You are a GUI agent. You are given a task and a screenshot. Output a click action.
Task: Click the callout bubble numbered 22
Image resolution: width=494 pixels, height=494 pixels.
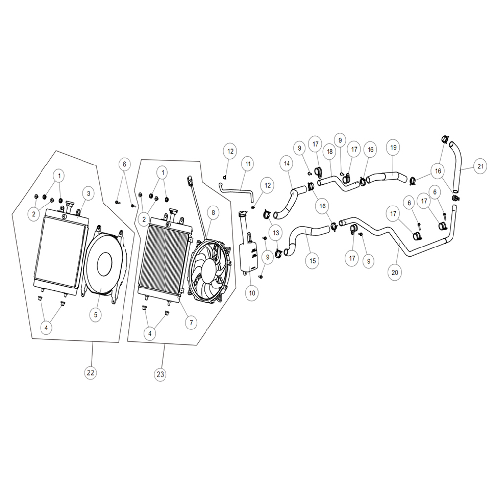[90, 373]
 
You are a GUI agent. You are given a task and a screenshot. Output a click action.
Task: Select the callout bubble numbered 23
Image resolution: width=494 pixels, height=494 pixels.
[160, 375]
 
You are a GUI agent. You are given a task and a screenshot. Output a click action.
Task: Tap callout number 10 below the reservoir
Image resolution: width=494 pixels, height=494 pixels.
[252, 293]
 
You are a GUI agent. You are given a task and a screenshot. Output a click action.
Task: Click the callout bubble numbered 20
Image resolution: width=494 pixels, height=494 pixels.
[395, 271]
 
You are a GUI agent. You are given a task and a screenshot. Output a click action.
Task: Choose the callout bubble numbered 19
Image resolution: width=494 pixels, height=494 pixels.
[393, 148]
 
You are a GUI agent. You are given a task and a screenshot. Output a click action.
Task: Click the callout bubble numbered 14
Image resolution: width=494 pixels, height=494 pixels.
[286, 162]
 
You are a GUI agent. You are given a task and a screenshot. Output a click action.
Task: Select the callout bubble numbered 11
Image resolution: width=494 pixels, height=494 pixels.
[247, 163]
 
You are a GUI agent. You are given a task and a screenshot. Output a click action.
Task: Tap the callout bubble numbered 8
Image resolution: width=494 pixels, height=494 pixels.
[212, 213]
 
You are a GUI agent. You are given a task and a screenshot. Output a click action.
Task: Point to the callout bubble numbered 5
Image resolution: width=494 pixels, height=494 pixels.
[96, 313]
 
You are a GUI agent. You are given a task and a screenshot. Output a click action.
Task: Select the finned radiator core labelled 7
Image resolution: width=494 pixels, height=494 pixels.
[163, 257]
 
